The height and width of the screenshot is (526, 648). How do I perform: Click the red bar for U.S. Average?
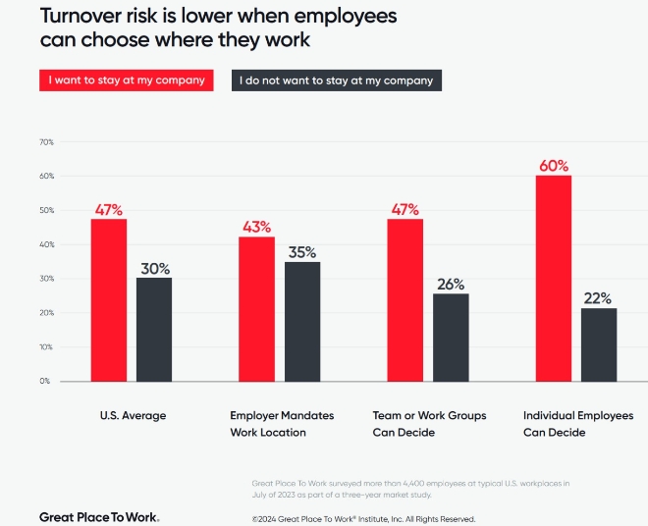[x=109, y=299]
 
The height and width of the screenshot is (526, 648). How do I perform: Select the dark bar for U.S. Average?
[x=154, y=329]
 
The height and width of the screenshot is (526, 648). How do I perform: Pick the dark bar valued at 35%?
[x=302, y=321]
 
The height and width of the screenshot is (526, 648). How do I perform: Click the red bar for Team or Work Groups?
[x=405, y=299]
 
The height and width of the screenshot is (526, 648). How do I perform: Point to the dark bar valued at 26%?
[x=451, y=337]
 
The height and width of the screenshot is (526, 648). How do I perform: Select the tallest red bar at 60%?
[x=554, y=278]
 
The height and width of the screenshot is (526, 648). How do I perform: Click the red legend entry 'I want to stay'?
[x=127, y=80]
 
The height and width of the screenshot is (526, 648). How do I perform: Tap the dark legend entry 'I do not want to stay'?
[x=336, y=80]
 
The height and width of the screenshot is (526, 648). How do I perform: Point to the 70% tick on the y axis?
[x=45, y=142]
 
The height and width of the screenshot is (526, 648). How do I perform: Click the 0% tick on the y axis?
[x=45, y=381]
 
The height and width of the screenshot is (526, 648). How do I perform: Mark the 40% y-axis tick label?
[x=45, y=244]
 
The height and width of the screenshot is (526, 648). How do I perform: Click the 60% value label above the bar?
[x=554, y=165]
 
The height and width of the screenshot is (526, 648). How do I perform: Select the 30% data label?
[x=154, y=268]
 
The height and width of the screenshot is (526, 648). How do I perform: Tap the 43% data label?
[x=257, y=227]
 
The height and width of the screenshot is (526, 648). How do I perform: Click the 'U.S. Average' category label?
[x=133, y=415]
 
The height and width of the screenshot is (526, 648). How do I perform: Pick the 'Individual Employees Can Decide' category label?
[x=577, y=423]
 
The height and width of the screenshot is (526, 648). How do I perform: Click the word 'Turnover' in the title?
[x=82, y=17]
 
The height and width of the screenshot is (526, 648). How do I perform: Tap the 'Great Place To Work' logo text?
[x=98, y=516]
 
